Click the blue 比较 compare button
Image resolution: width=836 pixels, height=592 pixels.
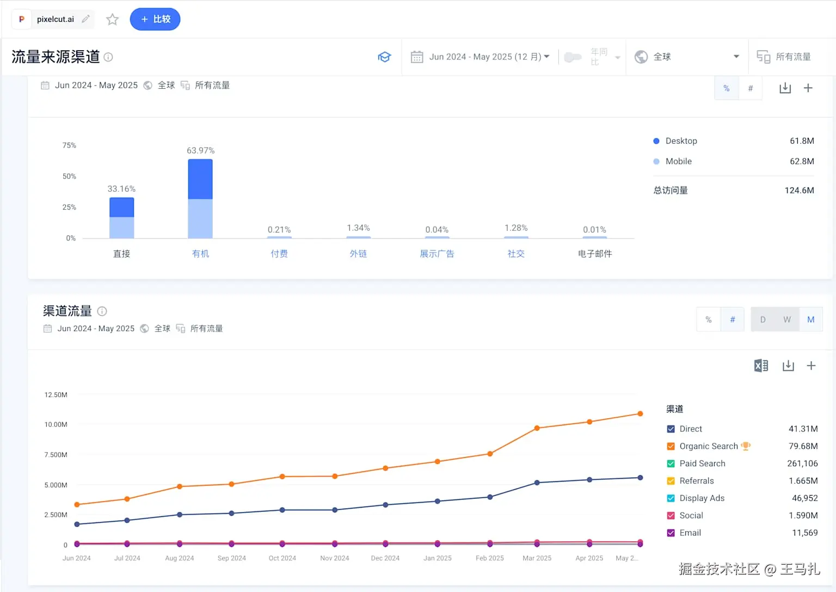coord(155,19)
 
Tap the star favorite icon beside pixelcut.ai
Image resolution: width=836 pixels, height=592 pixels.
coord(112,20)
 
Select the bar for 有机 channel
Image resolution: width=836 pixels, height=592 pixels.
coord(200,198)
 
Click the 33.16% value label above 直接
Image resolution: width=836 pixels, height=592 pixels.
coord(121,189)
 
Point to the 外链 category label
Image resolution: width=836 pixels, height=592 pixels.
coord(358,254)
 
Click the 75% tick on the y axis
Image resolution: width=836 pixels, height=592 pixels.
coord(69,145)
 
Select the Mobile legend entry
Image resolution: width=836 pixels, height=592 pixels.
coord(678,161)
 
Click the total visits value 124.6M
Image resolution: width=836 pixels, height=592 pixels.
coord(799,190)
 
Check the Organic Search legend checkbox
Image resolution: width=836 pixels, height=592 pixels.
coord(671,447)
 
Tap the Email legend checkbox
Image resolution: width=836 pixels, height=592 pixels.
coord(671,533)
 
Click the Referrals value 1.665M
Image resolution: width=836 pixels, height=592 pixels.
coord(803,481)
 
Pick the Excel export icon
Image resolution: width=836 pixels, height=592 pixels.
coord(761,365)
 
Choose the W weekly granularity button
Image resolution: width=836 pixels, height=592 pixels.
coord(787,320)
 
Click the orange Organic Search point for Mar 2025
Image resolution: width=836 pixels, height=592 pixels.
coord(537,428)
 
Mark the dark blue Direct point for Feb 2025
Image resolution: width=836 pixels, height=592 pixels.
coord(490,497)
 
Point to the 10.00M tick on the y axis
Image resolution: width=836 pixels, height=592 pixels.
coord(56,424)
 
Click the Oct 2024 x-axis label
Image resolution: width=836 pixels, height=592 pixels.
coord(282,558)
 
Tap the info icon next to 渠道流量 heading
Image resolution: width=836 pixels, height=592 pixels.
coord(102,311)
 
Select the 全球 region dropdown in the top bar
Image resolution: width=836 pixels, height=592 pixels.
coord(687,57)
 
